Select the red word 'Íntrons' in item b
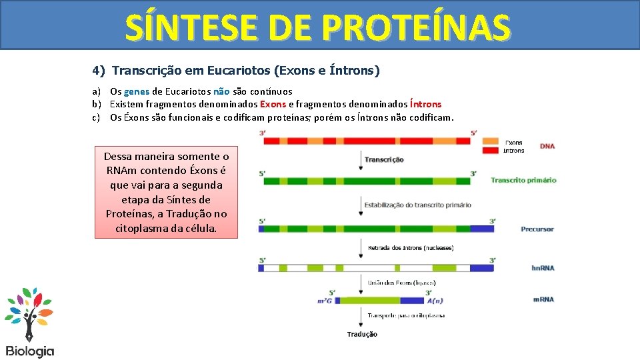(x=425, y=104)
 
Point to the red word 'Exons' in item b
(x=273, y=104)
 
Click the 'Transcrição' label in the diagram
(x=384, y=160)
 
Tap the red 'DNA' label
(x=547, y=146)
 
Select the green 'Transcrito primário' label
(x=523, y=180)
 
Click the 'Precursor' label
(x=537, y=229)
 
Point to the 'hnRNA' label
(x=543, y=268)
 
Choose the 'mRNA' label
(x=543, y=299)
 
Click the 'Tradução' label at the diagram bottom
(x=362, y=334)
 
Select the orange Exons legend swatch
(x=491, y=142)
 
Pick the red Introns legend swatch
(x=491, y=151)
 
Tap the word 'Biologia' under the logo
(x=30, y=351)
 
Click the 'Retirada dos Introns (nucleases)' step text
(x=411, y=248)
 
